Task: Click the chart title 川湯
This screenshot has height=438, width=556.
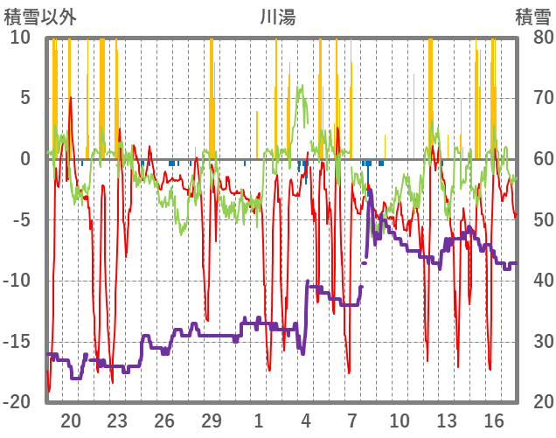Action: [x=277, y=16]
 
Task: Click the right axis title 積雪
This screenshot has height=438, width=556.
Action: [x=532, y=16]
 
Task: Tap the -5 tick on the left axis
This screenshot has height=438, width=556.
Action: [x=22, y=219]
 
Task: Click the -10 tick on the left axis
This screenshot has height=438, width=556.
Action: [x=17, y=281]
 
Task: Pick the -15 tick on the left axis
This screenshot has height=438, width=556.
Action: [x=17, y=341]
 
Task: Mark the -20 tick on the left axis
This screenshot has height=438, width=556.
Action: [x=17, y=402]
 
